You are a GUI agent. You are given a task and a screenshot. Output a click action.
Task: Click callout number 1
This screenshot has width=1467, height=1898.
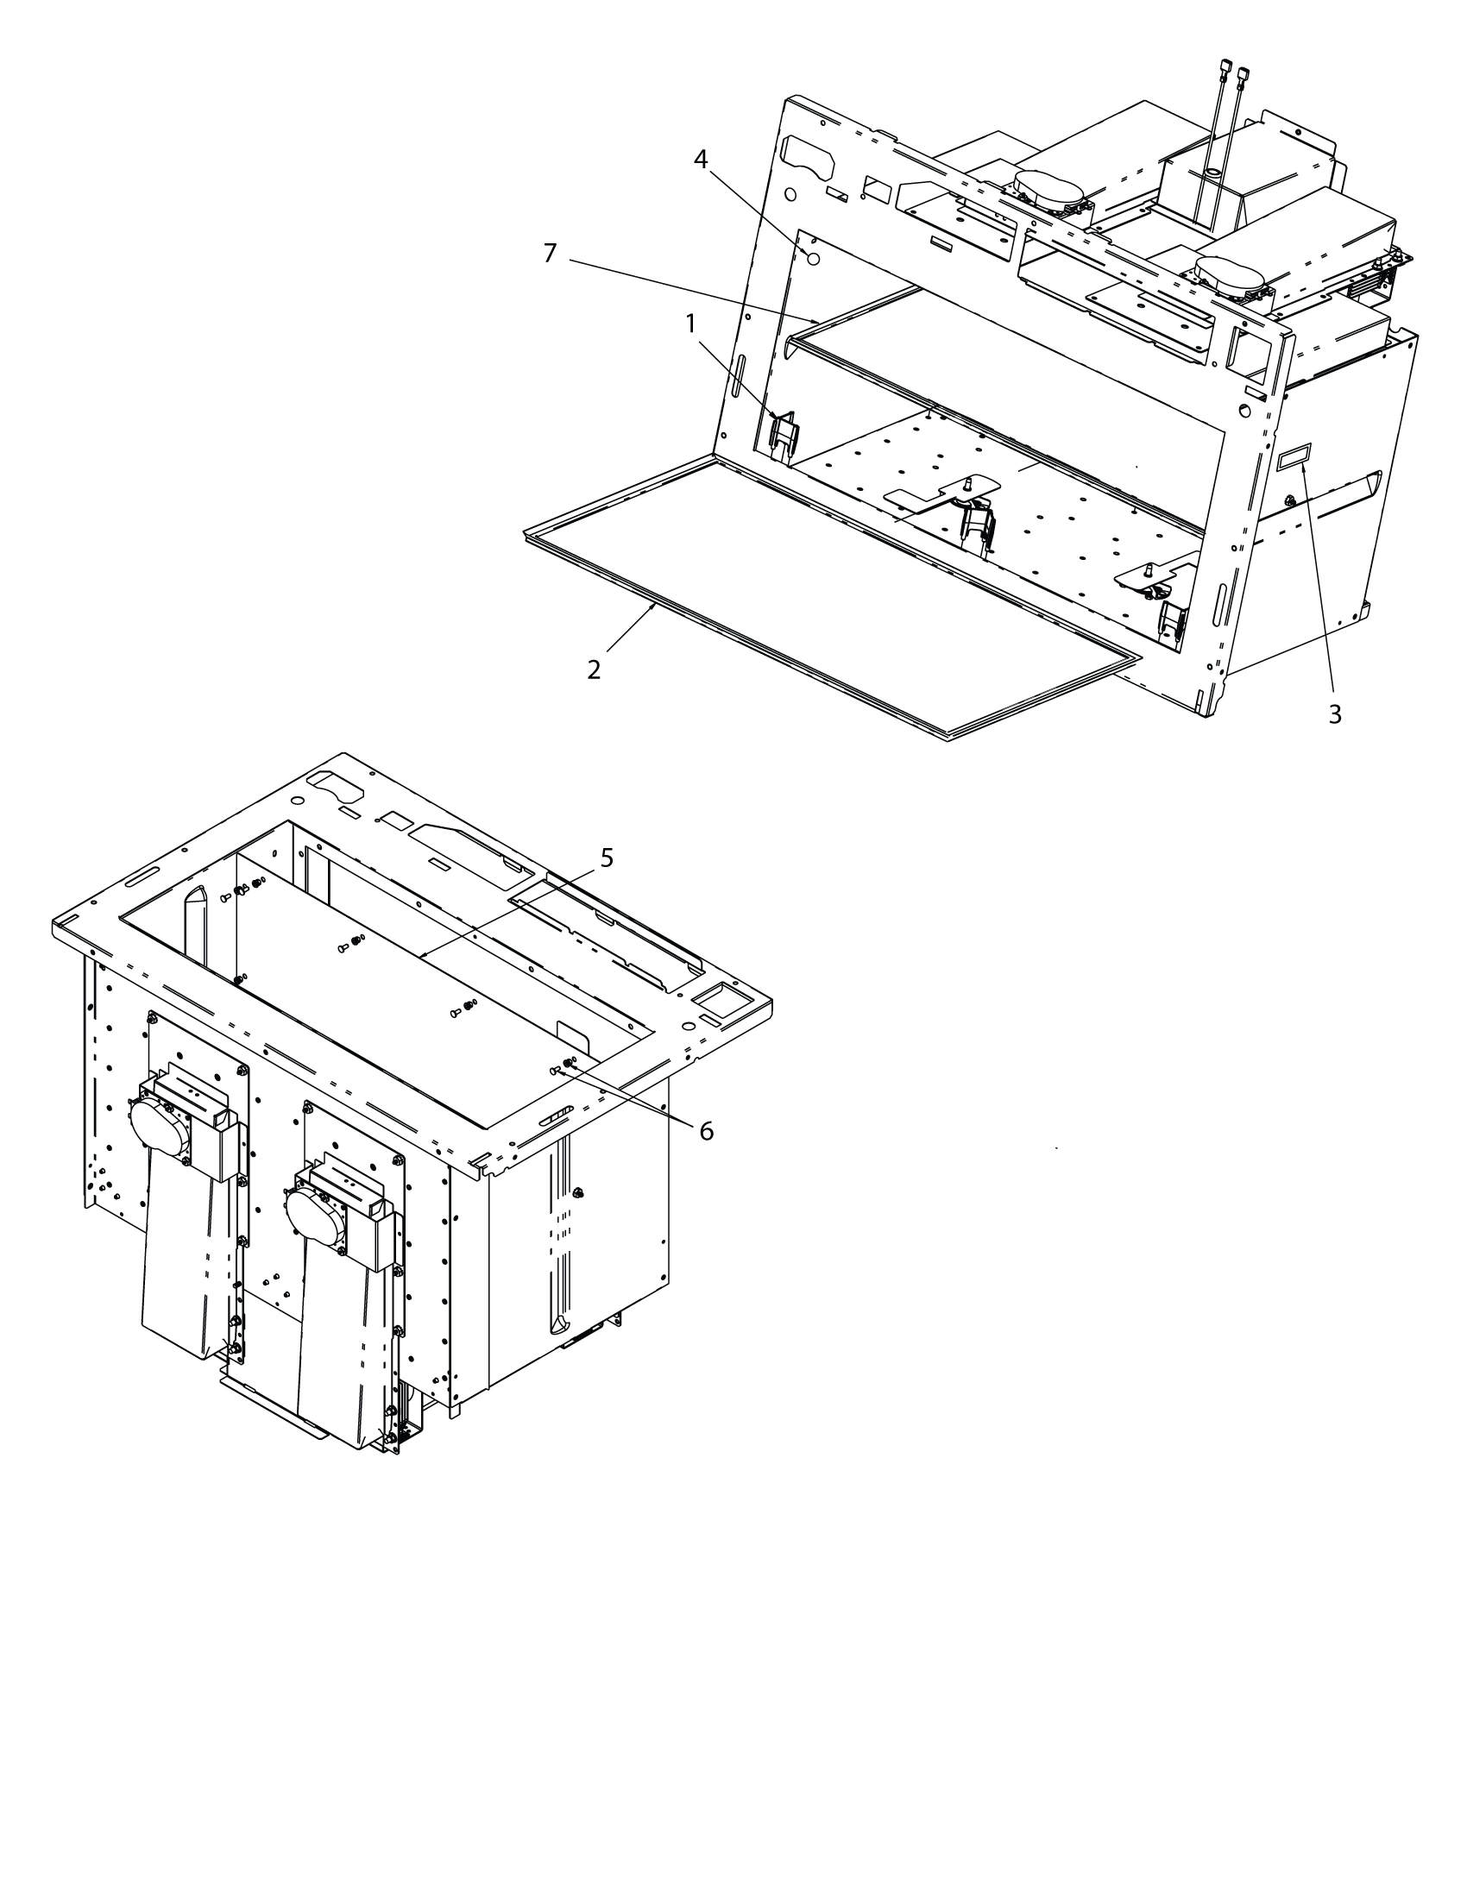pos(690,324)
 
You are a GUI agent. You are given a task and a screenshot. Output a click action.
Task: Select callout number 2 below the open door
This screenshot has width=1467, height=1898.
pos(594,670)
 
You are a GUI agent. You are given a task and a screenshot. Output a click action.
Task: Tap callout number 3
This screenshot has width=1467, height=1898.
pos(1335,714)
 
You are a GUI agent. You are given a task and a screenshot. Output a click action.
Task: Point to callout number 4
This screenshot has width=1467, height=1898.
pos(701,159)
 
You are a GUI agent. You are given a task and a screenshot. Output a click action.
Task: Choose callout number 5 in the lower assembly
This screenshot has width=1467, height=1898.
pos(607,858)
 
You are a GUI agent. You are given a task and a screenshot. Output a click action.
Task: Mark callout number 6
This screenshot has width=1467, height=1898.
pos(706,1131)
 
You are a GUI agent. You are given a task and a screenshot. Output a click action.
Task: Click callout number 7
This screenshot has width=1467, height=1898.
pos(551,254)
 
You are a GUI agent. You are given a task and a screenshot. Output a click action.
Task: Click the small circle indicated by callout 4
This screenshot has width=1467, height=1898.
pos(814,258)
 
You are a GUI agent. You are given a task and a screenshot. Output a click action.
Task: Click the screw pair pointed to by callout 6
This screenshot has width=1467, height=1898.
pos(563,1065)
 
